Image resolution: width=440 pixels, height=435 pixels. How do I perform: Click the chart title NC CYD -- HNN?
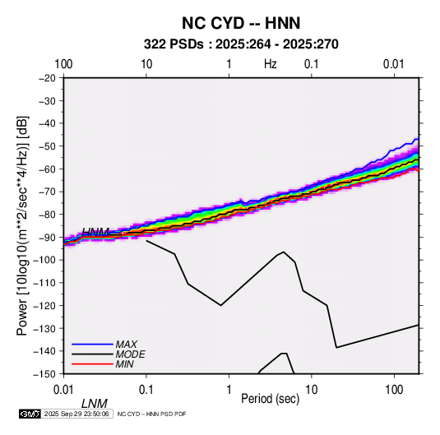coord(241,23)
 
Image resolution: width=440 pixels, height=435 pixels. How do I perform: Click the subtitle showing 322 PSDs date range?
coord(241,44)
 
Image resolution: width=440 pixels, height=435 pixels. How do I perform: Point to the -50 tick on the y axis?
coord(46,146)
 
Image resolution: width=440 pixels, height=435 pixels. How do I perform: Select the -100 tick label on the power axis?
coord(44,260)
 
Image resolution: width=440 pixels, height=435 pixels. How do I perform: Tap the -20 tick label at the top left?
coord(46,77)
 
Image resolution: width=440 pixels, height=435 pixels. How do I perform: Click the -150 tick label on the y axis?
coord(44,374)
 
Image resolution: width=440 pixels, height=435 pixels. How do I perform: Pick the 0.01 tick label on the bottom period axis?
coord(63,390)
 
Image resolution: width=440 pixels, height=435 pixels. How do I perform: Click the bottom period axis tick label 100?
coord(394,390)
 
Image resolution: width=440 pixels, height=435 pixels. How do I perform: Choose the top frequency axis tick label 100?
coord(63,64)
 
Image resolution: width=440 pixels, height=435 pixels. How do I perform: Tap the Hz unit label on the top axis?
coord(271,64)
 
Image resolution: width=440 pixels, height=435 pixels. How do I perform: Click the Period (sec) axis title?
coord(271,399)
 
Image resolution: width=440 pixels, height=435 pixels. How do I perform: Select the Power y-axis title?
coord(22,226)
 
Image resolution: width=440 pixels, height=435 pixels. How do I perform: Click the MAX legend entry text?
coord(127,344)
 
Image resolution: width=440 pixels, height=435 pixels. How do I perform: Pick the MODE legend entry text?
coord(130,354)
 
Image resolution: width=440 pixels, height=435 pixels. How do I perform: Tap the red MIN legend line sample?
coord(92,364)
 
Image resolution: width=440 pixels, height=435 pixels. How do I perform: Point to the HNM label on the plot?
coord(95,232)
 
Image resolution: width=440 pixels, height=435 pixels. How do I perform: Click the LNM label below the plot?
coord(95,404)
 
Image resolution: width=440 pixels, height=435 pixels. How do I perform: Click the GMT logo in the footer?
coord(30,414)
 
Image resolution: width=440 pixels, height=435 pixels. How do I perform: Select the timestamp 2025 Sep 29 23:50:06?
coord(76,414)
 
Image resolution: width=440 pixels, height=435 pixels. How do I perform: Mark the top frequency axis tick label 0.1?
coord(312,64)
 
